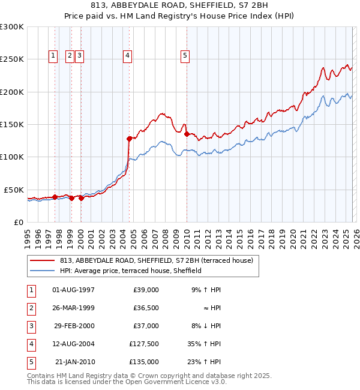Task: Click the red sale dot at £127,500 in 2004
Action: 129,139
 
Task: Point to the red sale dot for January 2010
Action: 187,134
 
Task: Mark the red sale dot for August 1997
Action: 55,196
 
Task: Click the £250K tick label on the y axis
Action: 12,59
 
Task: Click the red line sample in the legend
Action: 43,261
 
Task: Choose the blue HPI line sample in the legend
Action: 43,271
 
